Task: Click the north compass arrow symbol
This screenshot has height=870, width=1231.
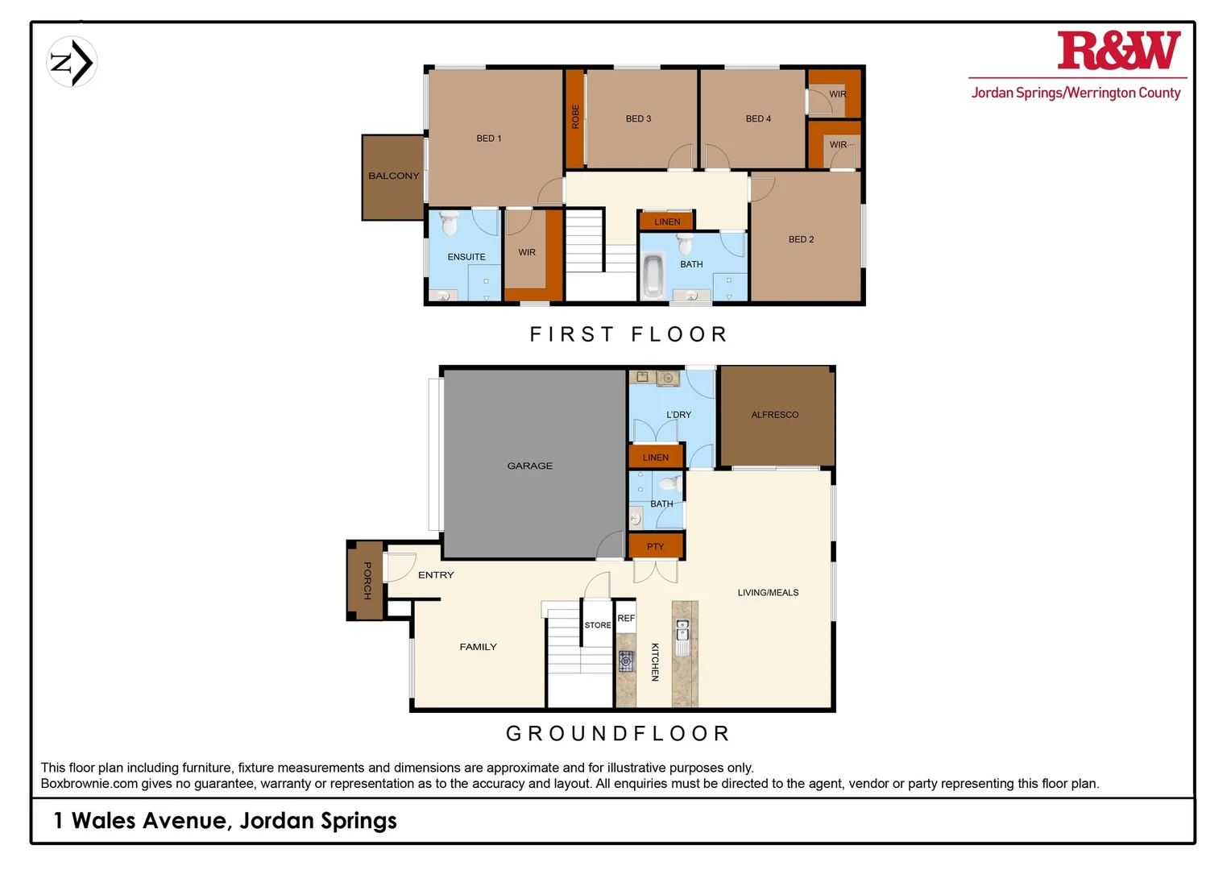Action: point(72,62)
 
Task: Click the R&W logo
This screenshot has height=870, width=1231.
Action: point(1118,52)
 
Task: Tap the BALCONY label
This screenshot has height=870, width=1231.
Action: point(394,176)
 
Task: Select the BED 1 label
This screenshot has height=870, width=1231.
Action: point(488,139)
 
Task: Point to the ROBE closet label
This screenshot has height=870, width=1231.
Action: point(575,117)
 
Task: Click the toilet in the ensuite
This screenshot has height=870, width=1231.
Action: point(449,222)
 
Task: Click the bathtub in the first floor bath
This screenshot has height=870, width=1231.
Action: point(653,275)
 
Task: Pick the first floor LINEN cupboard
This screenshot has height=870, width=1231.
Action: point(666,222)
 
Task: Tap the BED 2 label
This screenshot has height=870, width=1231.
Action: point(801,239)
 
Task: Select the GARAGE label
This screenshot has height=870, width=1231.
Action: point(529,466)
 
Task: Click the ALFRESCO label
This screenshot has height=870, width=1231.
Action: point(774,415)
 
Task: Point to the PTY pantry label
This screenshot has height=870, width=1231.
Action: point(656,546)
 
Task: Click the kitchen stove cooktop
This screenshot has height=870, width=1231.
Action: point(627,661)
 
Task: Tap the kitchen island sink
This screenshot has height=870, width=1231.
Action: point(682,631)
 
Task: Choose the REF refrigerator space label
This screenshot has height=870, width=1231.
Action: point(626,618)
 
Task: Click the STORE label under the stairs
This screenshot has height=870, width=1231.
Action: point(597,625)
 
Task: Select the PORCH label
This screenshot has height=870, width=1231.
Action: point(367,581)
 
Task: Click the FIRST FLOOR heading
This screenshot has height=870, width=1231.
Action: point(628,334)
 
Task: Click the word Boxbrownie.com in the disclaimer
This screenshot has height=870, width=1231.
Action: point(89,784)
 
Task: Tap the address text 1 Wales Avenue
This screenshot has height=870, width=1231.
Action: point(141,821)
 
